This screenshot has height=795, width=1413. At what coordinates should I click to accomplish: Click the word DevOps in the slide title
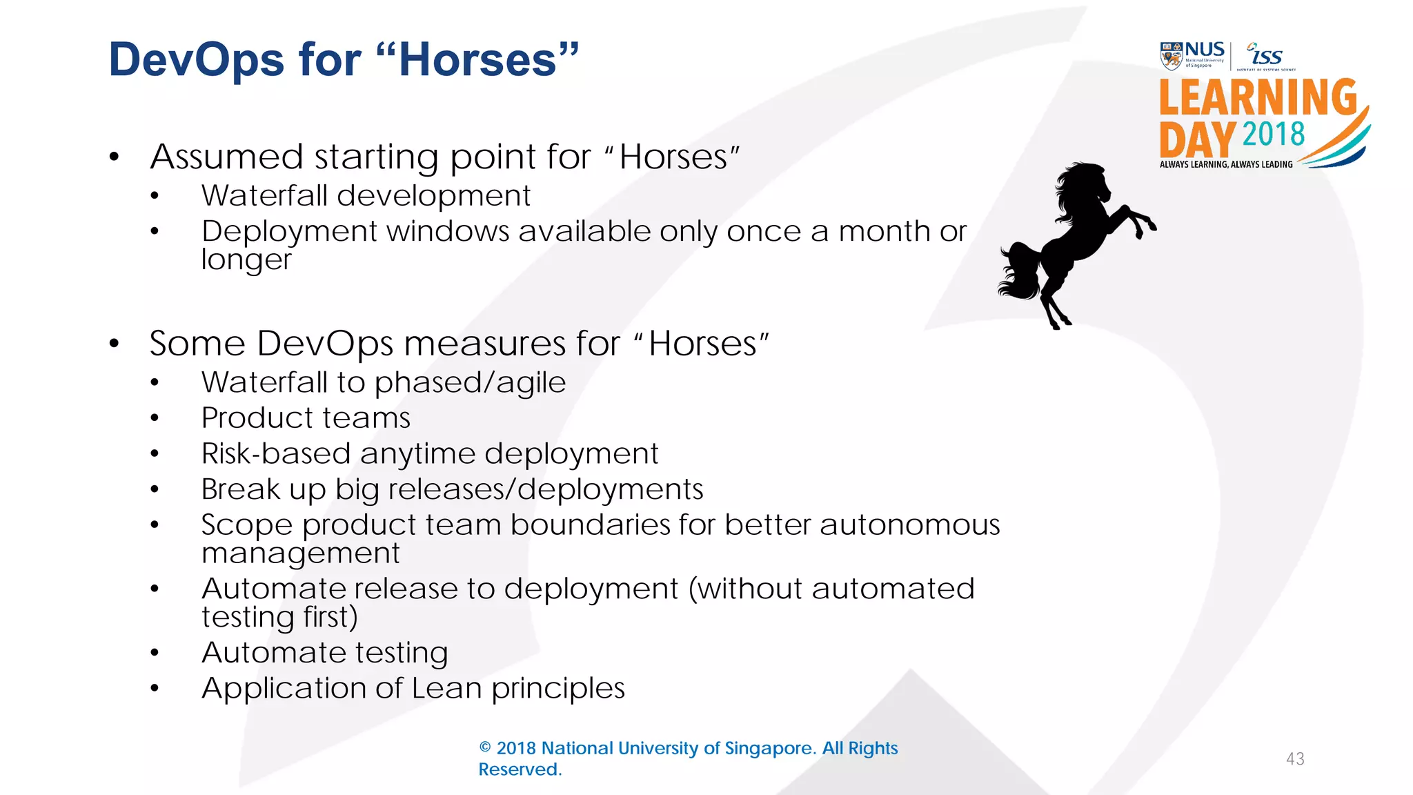(196, 60)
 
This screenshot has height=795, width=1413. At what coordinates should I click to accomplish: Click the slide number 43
(1295, 759)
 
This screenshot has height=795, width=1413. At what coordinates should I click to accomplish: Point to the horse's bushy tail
(1020, 273)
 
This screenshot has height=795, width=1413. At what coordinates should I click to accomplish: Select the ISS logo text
(1267, 56)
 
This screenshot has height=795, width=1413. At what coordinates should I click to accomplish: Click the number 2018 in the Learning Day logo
(1274, 135)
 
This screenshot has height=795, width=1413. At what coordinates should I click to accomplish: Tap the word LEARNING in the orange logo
(1257, 98)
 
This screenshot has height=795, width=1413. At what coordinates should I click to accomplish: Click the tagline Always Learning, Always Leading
(1226, 164)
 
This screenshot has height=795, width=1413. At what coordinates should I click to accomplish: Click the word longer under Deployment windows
(246, 260)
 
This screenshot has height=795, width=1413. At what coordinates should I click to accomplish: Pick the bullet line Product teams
(306, 418)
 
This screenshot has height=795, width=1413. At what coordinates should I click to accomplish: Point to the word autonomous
(909, 525)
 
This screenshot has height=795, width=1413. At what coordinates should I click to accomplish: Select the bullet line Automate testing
(324, 653)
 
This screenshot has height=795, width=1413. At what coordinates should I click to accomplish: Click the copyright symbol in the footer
(485, 748)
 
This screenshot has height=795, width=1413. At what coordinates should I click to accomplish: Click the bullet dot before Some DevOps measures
(115, 344)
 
